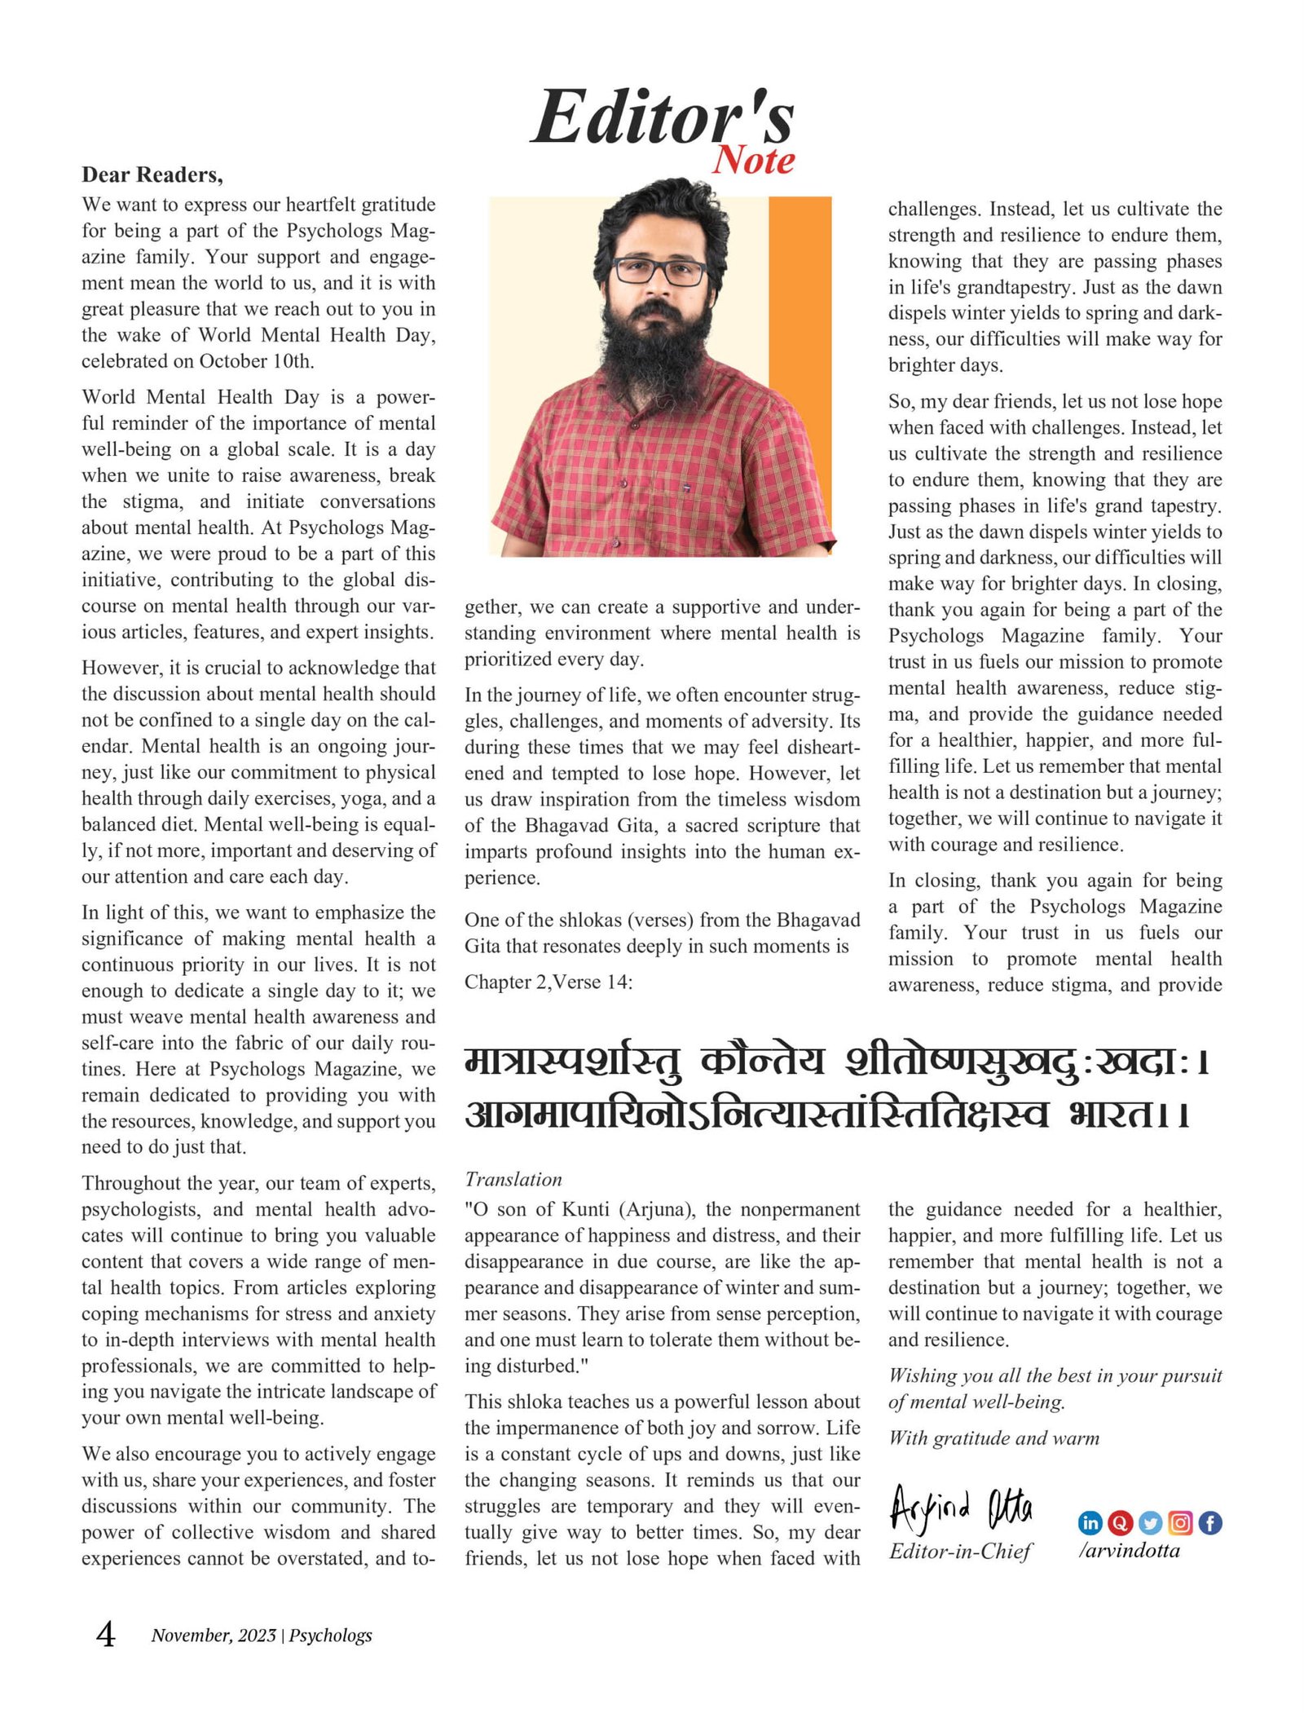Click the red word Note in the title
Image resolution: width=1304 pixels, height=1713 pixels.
753,161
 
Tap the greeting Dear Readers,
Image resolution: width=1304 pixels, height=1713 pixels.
152,175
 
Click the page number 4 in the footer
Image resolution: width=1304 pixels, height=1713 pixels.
106,1634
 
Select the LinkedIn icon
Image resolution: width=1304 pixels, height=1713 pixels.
1090,1522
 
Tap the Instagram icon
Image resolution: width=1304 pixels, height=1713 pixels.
1180,1522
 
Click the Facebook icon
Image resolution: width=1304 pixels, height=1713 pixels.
1210,1522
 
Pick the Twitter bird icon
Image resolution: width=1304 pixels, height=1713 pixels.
1150,1522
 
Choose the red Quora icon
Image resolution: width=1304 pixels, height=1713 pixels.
1120,1522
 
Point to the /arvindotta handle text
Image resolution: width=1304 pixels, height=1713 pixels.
1129,1550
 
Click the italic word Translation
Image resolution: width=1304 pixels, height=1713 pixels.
513,1179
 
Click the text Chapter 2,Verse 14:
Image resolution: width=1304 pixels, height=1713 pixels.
548,982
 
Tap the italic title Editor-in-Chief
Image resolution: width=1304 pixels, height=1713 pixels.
960,1551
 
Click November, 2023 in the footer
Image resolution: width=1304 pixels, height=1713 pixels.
214,1635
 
